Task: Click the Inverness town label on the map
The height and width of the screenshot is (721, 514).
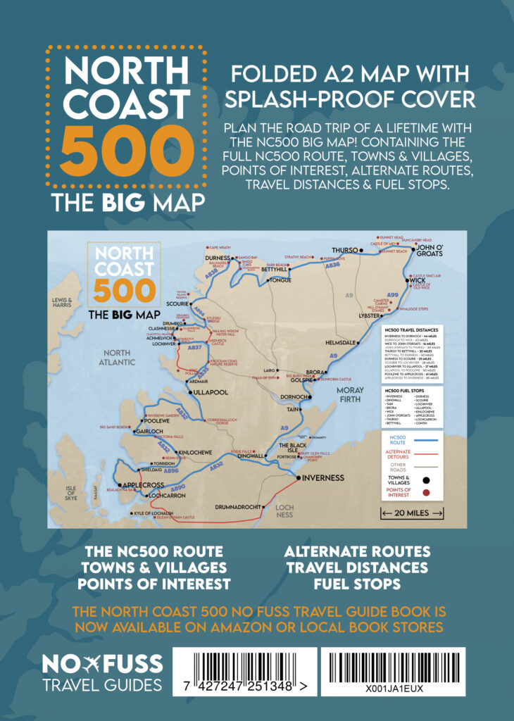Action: [324, 477]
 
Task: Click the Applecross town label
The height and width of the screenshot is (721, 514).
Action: [143, 485]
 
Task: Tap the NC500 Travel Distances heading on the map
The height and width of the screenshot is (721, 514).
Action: [412, 330]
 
